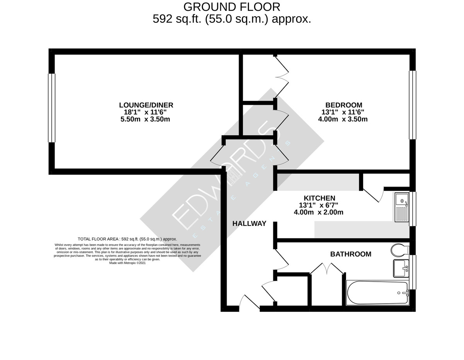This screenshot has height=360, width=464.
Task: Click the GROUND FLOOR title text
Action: pos(232,7)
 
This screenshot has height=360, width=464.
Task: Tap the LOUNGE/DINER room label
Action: pos(146,105)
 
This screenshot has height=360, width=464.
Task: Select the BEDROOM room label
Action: pos(343,105)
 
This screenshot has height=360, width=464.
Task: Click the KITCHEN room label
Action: pos(319,198)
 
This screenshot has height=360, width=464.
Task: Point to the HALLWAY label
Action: pos(249,223)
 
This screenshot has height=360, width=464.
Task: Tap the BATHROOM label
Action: pos(350,254)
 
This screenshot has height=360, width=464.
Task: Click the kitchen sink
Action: pos(402,208)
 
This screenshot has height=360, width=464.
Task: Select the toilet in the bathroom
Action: pos(399,250)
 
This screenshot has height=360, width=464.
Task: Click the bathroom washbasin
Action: pos(401,268)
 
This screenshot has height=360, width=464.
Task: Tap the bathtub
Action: pos(377,292)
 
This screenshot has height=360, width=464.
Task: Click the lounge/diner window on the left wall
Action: pos(51,108)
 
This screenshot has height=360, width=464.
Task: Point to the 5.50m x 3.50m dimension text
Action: pos(145,119)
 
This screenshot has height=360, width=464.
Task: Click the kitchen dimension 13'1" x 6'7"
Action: pos(319,205)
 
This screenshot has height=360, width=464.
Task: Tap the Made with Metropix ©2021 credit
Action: pos(127,263)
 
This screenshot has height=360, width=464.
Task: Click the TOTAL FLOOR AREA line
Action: pos(127,239)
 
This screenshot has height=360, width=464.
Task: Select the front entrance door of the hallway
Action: pos(249,303)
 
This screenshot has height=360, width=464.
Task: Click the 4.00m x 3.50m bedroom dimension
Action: pos(343,119)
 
